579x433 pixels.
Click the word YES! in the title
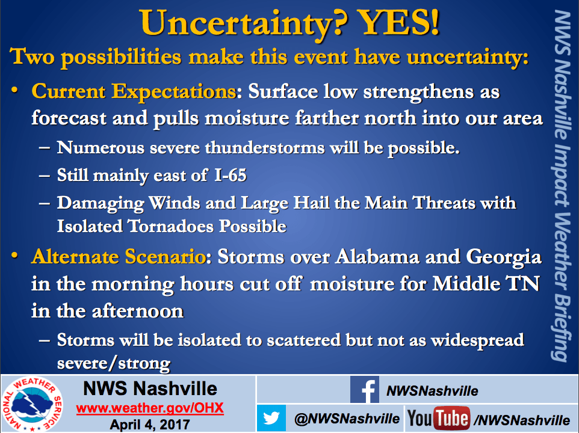(x=399, y=22)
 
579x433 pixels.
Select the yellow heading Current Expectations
(x=134, y=91)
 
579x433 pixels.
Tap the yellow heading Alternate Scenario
(x=118, y=256)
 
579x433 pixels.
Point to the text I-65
(x=231, y=175)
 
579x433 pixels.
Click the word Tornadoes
(x=170, y=226)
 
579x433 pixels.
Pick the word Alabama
(x=377, y=256)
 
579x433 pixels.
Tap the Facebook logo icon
(x=365, y=389)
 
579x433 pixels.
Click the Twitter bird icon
(x=271, y=418)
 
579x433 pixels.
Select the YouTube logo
(x=439, y=419)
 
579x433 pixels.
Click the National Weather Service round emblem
(x=32, y=404)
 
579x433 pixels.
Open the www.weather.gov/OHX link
(x=150, y=408)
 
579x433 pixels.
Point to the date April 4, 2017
(x=150, y=425)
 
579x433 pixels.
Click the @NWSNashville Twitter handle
(x=347, y=419)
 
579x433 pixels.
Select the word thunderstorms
(x=265, y=147)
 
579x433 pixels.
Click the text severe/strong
(x=114, y=363)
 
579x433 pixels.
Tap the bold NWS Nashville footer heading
(x=150, y=388)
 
